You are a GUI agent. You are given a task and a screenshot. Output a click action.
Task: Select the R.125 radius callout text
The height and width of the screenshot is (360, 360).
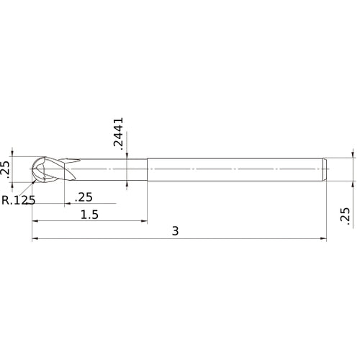click(x=18, y=200)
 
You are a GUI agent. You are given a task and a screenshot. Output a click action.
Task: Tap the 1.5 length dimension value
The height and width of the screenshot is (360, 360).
click(x=89, y=215)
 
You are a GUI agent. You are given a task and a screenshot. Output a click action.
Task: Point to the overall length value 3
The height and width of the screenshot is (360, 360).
click(x=176, y=230)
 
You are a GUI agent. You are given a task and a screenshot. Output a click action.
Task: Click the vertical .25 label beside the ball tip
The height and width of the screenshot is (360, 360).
click(x=6, y=169)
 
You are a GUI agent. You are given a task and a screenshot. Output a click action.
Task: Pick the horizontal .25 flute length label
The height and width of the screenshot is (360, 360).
click(x=84, y=197)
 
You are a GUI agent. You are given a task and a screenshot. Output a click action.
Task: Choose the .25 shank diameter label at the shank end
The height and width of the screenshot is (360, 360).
click(x=344, y=217)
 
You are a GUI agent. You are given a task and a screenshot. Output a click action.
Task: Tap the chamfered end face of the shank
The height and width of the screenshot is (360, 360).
click(x=325, y=169)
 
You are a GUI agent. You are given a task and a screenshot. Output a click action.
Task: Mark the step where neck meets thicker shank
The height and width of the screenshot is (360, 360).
click(x=148, y=169)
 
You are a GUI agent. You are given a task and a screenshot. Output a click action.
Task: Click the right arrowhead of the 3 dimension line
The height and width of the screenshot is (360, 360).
click(x=324, y=239)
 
